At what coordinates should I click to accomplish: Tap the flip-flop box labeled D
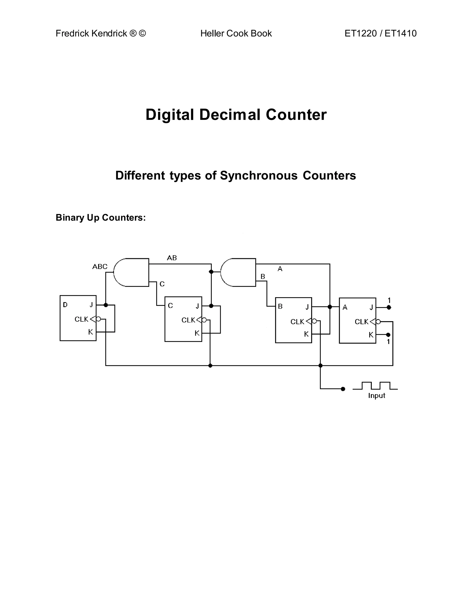pos(78,318)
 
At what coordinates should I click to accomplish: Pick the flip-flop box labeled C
pos(183,319)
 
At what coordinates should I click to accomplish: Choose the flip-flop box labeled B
pos(293,320)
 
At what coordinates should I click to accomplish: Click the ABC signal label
pos(100,267)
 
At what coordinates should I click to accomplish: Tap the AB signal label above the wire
pos(172,258)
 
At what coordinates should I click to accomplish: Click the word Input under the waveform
pos(376,396)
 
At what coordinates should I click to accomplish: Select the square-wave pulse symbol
pos(375,386)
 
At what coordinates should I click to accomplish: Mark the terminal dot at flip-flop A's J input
pos(389,307)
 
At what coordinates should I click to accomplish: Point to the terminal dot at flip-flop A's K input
pos(388,335)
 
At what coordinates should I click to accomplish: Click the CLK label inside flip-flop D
pos(81,319)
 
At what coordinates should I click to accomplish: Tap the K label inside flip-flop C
pos(197,333)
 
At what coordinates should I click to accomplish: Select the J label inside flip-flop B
pos(307,307)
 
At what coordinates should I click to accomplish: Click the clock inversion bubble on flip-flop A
pos(378,322)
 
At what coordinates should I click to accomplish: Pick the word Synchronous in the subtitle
pos(259,175)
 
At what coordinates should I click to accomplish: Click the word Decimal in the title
pos(232,114)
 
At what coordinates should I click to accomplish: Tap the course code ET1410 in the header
pos(400,33)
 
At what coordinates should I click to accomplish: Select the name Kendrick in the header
pos(109,33)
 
